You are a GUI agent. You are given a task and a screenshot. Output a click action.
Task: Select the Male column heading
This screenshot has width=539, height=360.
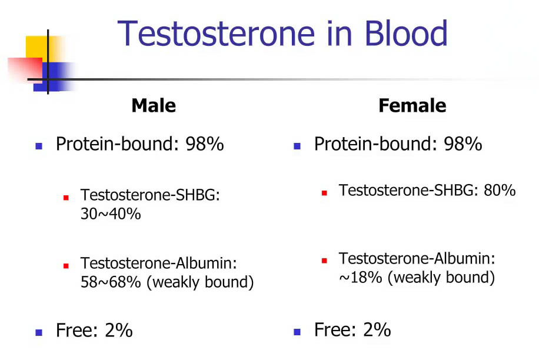[x=154, y=106]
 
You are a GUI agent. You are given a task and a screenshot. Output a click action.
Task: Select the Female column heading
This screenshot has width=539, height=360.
[x=412, y=106]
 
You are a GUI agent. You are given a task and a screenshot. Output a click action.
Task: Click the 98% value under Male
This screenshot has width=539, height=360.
[x=205, y=144]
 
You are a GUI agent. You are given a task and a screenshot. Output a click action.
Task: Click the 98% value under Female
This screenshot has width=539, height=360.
[x=463, y=144]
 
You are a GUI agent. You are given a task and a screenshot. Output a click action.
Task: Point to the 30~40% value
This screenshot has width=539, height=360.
[x=111, y=214]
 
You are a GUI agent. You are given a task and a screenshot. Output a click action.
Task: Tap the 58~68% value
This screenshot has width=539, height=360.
[x=111, y=282]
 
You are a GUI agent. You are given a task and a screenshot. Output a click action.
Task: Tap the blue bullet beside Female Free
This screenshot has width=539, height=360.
[x=297, y=332]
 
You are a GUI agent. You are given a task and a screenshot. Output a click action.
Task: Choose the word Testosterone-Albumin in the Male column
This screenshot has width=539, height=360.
[x=158, y=263]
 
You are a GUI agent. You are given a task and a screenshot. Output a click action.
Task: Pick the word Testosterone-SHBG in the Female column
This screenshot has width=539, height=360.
[x=408, y=191]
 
